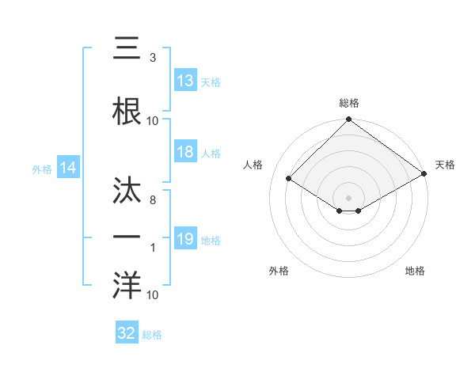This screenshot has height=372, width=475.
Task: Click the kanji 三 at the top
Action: point(127,49)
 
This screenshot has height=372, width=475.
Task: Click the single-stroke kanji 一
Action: point(127,236)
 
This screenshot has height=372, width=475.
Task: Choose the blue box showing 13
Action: point(185,80)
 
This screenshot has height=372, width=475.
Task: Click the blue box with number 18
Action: point(185,152)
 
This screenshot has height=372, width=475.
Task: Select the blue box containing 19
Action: point(185,238)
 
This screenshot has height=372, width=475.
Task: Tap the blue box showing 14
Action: point(67,168)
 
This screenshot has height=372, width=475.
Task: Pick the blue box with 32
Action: point(127,333)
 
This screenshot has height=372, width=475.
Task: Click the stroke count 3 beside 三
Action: point(152,58)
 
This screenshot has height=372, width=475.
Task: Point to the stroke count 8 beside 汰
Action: point(152,201)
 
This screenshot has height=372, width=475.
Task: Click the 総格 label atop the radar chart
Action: point(349,103)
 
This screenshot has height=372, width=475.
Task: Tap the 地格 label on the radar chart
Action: point(415,271)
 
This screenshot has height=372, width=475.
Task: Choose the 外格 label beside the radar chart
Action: point(279,271)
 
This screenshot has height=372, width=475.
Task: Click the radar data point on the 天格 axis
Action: point(424,173)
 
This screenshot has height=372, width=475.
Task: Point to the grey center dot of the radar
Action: point(348,196)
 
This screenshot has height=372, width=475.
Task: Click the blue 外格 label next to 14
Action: point(41,169)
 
